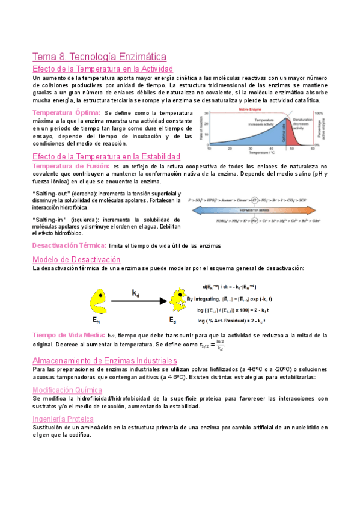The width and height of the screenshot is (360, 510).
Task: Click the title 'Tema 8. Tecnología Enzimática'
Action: tap(99, 57)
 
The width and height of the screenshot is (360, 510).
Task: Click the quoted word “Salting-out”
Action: tap(50, 192)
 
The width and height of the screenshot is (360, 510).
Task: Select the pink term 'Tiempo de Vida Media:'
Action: tap(69, 335)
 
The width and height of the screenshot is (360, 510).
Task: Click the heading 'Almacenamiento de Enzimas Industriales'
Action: tap(105, 360)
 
